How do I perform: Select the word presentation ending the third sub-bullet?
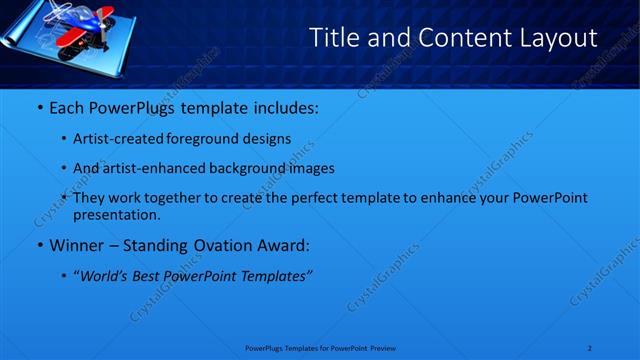click(x=115, y=214)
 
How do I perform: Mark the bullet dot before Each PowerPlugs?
click(x=38, y=107)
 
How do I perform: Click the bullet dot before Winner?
click(x=38, y=245)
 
